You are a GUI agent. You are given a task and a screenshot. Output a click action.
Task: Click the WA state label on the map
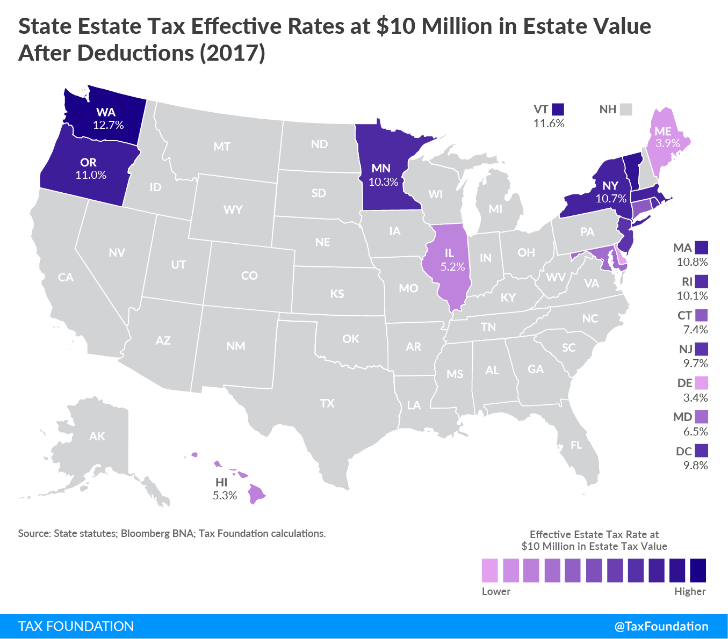pos(106,112)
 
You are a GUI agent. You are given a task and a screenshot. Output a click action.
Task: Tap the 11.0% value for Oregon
pos(91,175)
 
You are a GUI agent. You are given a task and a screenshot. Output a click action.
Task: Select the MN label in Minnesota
pos(381,169)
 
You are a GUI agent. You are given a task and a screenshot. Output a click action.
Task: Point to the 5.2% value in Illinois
pos(452,267)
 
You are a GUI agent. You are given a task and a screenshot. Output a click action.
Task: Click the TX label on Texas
pos(327,403)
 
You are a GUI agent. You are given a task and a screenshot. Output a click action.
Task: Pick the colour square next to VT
pos(558,110)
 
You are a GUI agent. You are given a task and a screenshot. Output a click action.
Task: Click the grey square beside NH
pos(625,110)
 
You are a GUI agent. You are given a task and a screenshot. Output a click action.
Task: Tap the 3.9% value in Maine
pos(668,143)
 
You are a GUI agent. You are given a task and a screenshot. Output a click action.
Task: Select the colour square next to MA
pos(701,248)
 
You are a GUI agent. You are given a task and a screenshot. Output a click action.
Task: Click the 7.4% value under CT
pos(695,330)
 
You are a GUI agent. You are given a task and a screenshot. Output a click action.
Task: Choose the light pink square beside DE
pos(701,383)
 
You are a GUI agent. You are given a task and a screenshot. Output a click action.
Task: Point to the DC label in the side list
pos(683,451)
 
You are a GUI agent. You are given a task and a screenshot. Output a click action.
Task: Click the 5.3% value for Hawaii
pos(225,496)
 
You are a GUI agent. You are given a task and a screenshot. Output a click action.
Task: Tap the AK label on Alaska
pos(97,436)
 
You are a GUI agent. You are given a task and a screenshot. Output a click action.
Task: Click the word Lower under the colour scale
pos(496,591)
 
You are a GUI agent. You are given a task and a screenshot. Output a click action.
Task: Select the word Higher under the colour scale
pos(690,591)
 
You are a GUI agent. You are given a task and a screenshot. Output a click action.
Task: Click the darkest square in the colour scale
pos(698,570)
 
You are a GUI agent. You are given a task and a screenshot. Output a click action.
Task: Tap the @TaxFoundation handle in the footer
pos(661,626)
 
